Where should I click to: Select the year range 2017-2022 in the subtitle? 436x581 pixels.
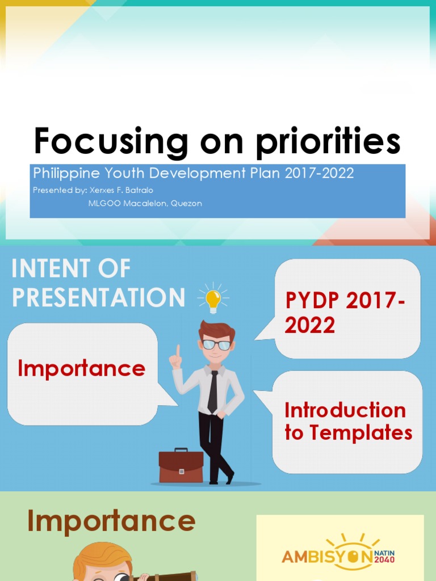point(318,174)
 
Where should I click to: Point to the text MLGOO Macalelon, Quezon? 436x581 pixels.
point(145,203)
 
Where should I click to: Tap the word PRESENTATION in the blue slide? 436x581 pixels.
point(98,298)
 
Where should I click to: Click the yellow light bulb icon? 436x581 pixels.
point(213,298)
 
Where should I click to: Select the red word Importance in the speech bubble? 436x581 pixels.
point(81,369)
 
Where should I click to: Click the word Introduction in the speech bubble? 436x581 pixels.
point(345,410)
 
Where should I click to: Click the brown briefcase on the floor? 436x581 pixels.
point(181,466)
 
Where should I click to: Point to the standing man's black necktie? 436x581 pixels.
point(213,391)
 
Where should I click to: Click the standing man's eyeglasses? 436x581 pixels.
point(216,344)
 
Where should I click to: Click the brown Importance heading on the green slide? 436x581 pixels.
point(111,521)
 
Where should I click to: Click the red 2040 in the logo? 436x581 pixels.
point(384,560)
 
